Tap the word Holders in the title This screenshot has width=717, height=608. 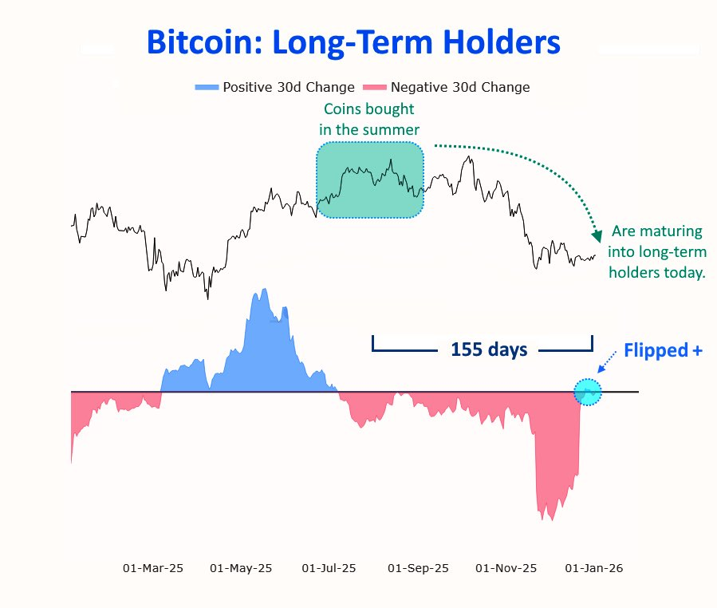[499, 43]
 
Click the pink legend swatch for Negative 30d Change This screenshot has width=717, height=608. [374, 87]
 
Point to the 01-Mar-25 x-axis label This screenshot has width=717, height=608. [152, 568]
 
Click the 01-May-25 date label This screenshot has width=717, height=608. [241, 568]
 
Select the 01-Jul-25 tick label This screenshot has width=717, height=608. [329, 568]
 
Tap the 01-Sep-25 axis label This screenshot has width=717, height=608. [418, 568]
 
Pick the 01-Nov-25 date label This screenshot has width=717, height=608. [506, 568]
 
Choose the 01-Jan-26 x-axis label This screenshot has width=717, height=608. [593, 568]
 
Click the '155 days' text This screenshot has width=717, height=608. [489, 349]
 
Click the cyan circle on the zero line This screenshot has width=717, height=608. [588, 392]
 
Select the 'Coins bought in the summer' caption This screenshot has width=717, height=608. [369, 119]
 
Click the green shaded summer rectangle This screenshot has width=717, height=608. [370, 180]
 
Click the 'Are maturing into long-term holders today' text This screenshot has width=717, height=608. [657, 252]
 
